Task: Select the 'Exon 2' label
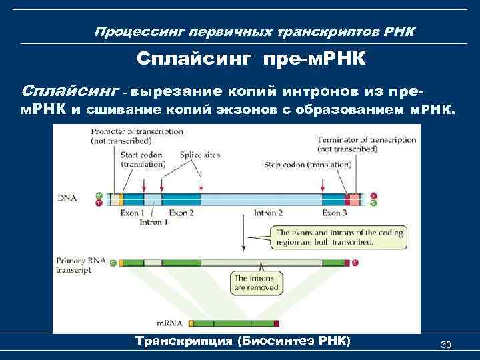tap(181, 213)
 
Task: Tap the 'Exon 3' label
tap(335, 213)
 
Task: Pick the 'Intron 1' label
tap(154, 222)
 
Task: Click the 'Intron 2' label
tap(269, 213)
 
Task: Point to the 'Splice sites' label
tap(199, 155)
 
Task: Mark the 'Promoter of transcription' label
tap(137, 136)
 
